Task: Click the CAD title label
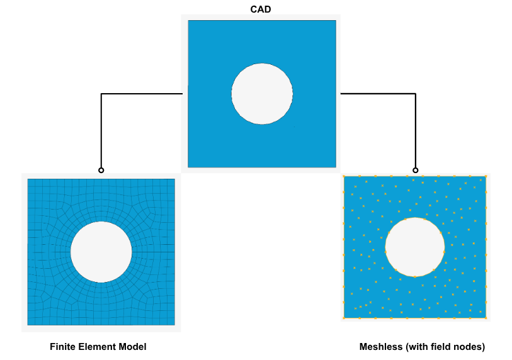coord(261,9)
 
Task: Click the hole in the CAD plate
coord(262,94)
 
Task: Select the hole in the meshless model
coord(415,247)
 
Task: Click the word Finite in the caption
coord(62,347)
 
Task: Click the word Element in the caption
coord(96,347)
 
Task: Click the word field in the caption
coord(443,347)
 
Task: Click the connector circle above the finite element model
coord(101,170)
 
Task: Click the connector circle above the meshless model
coord(415,170)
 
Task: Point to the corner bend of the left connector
coord(101,94)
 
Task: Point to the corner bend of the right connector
coord(415,94)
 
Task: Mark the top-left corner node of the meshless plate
coord(344,177)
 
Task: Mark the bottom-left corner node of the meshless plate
coord(344,318)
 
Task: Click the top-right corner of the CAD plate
coord(336,21)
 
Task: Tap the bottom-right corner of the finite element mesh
coord(174,325)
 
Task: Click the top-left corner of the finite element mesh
coord(28,179)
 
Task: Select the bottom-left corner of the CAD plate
coord(188,167)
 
